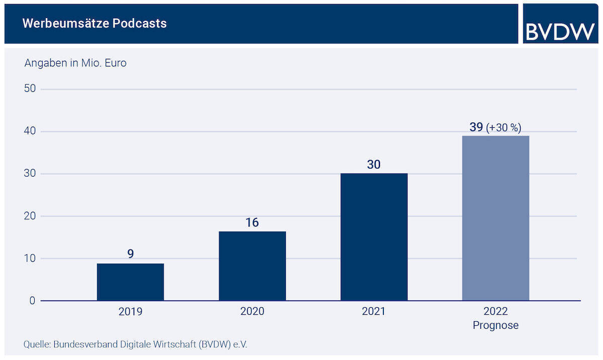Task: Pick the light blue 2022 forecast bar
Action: point(495,218)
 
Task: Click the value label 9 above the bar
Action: point(130,254)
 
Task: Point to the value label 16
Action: point(252,222)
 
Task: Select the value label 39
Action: point(476,127)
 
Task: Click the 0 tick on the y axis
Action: point(32,301)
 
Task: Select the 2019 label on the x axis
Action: point(130,312)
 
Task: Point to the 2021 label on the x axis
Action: point(374,312)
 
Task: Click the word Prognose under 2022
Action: point(495,325)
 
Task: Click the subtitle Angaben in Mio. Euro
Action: point(75,63)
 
